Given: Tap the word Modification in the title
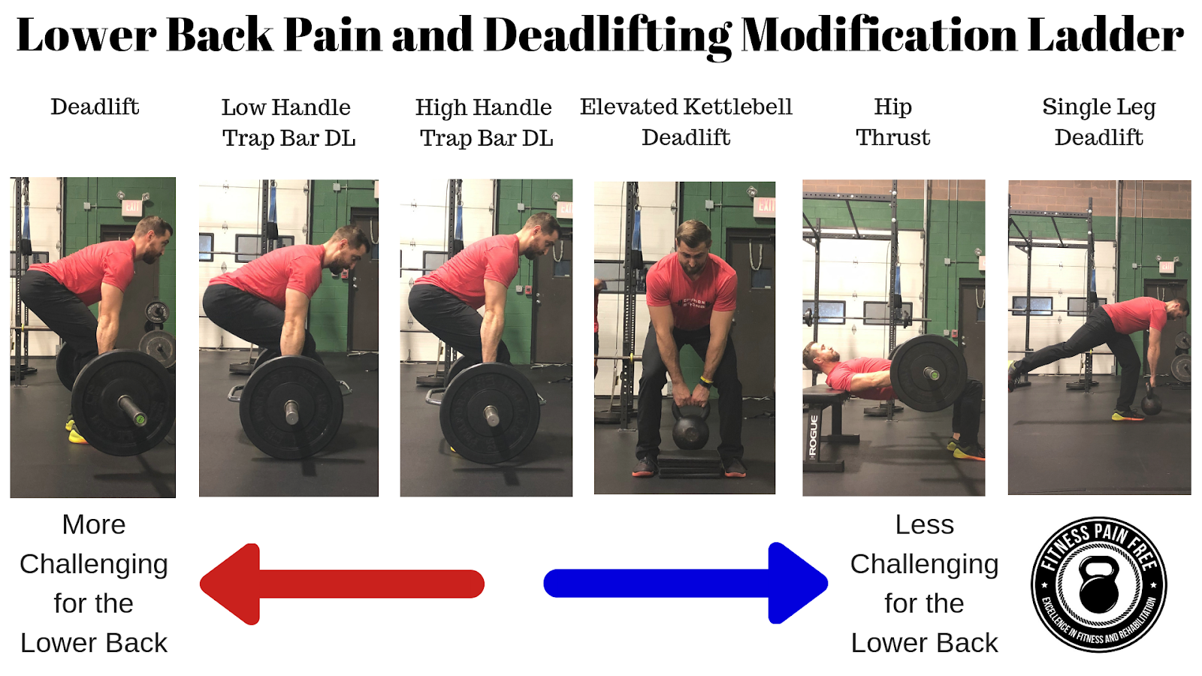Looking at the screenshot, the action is click(880, 35).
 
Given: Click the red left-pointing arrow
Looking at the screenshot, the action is click(342, 584).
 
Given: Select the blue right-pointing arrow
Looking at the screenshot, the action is click(685, 583).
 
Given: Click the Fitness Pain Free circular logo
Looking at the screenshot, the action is click(1099, 585).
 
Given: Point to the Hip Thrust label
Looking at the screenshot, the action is click(893, 122).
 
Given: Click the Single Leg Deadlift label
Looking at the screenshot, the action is click(1099, 122).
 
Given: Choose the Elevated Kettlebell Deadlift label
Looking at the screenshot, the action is click(686, 122).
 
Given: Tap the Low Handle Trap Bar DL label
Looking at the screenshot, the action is click(288, 123).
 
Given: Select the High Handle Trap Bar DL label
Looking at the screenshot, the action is click(485, 123).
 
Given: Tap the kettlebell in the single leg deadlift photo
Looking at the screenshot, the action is click(1152, 403).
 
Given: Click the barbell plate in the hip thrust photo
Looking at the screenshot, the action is click(929, 373).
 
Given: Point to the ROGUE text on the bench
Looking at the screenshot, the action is click(813, 436).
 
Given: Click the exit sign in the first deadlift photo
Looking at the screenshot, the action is click(131, 207).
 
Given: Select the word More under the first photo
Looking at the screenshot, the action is click(94, 525).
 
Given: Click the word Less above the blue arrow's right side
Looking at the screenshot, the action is click(925, 525).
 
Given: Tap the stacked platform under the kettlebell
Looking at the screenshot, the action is click(690, 463).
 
